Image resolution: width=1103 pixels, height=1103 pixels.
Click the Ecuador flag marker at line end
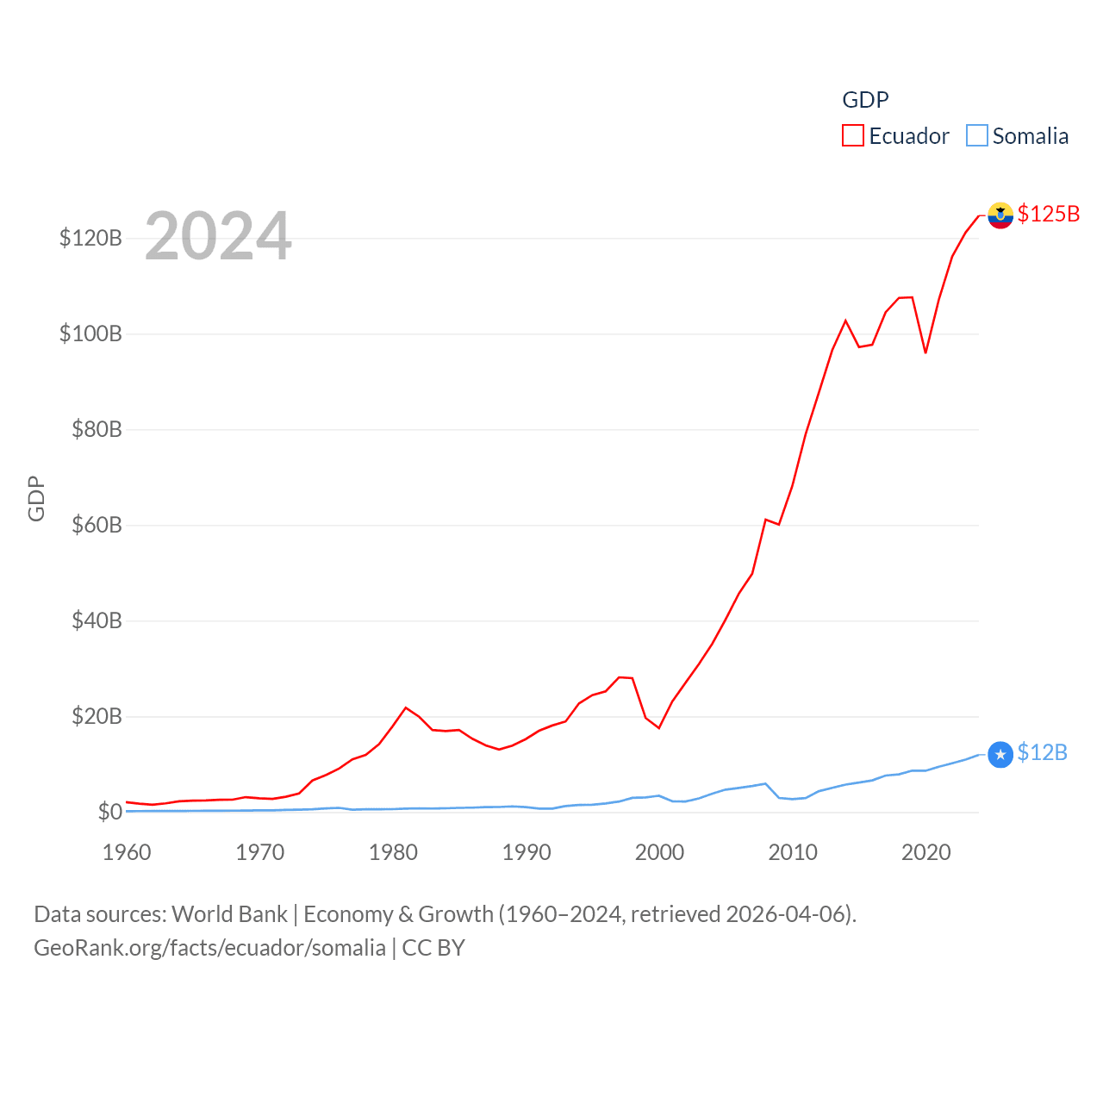(x=1000, y=215)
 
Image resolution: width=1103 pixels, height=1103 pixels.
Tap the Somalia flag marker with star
(x=1000, y=755)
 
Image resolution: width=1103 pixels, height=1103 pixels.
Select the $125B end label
(x=1048, y=214)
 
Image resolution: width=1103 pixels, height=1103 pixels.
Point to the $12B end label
(x=1042, y=753)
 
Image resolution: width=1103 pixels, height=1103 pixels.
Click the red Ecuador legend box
(x=852, y=136)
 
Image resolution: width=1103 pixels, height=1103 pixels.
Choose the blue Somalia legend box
(x=976, y=136)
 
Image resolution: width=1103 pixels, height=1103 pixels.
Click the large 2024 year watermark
(x=218, y=236)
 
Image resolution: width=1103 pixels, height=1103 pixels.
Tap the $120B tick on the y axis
(x=90, y=239)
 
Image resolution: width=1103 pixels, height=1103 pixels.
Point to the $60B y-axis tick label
(x=97, y=526)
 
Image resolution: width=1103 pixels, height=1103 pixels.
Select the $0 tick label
(x=109, y=812)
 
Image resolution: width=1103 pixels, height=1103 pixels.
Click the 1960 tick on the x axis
(x=127, y=853)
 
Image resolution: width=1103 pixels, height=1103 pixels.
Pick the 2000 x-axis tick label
(x=659, y=853)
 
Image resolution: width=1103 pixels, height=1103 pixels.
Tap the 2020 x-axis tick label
(x=925, y=853)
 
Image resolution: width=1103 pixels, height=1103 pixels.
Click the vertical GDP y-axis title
(x=36, y=498)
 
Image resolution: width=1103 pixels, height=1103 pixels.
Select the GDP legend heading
(x=865, y=100)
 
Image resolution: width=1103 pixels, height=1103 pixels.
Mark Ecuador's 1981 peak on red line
(x=406, y=707)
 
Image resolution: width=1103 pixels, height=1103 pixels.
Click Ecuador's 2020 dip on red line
(x=925, y=352)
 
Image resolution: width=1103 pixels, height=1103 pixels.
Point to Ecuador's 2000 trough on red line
(x=659, y=728)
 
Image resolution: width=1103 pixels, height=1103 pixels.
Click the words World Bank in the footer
(x=229, y=914)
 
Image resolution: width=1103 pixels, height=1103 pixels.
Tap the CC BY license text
(x=433, y=948)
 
